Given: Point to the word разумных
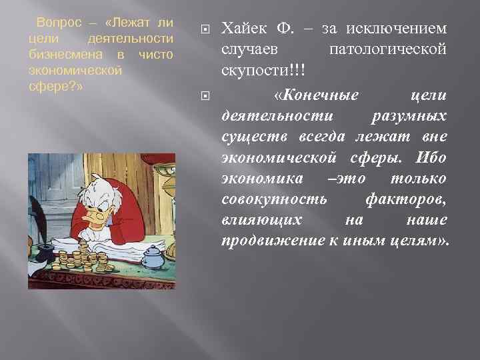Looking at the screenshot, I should click(407, 117).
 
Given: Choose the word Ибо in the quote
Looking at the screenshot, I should click(432, 158).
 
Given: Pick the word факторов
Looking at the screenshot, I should click(406, 199).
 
